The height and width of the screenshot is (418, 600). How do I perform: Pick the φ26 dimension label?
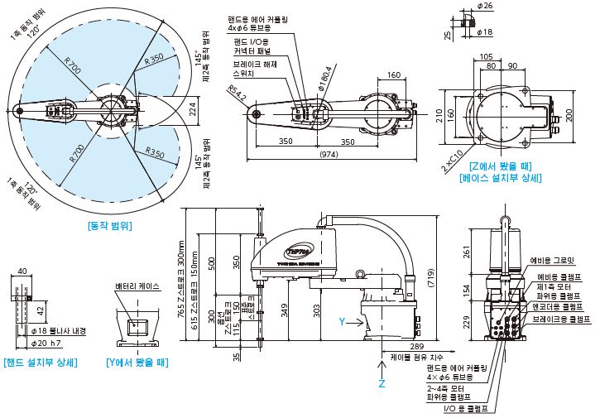(486, 6)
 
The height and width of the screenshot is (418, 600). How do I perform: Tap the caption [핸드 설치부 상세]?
(41, 362)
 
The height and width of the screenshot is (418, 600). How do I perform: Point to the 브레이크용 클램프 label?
(561, 319)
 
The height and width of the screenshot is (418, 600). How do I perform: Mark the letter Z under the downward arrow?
(382, 383)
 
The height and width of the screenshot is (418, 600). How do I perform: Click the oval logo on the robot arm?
(297, 245)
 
